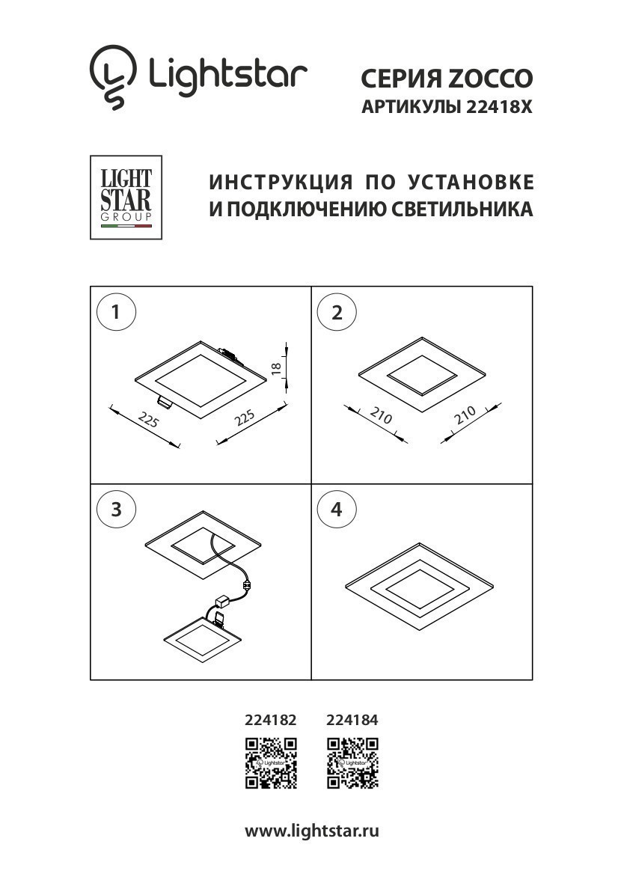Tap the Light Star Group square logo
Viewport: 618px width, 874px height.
point(126,198)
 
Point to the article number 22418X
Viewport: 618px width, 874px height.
point(498,107)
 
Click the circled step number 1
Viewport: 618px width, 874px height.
point(117,313)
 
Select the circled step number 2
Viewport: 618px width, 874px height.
point(337,313)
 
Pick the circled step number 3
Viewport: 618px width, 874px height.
point(117,510)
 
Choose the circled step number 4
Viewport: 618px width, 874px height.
point(337,510)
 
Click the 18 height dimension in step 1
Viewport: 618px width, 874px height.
point(275,367)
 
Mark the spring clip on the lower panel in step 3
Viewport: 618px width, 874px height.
point(220,618)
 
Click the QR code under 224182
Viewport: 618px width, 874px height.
point(272,763)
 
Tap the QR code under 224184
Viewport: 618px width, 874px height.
point(352,763)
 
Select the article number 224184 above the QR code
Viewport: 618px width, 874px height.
point(352,721)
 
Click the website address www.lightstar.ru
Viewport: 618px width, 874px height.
point(312,831)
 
